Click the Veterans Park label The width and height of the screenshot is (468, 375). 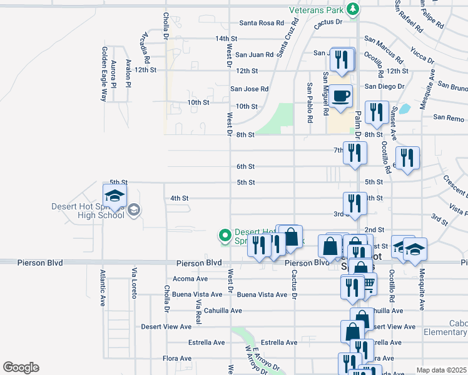[x=317, y=10]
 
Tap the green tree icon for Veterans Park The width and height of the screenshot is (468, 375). [x=353, y=9]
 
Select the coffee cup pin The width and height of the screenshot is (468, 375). [x=341, y=97]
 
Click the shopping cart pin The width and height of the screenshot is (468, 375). [x=368, y=285]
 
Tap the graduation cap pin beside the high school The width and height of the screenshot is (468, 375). [x=114, y=196]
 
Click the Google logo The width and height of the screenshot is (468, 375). [x=21, y=367]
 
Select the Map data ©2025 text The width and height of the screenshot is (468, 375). [x=440, y=370]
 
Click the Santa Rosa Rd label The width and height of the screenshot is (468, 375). [x=262, y=23]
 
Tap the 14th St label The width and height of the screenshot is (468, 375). [x=226, y=39]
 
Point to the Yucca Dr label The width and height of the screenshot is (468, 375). [x=422, y=54]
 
